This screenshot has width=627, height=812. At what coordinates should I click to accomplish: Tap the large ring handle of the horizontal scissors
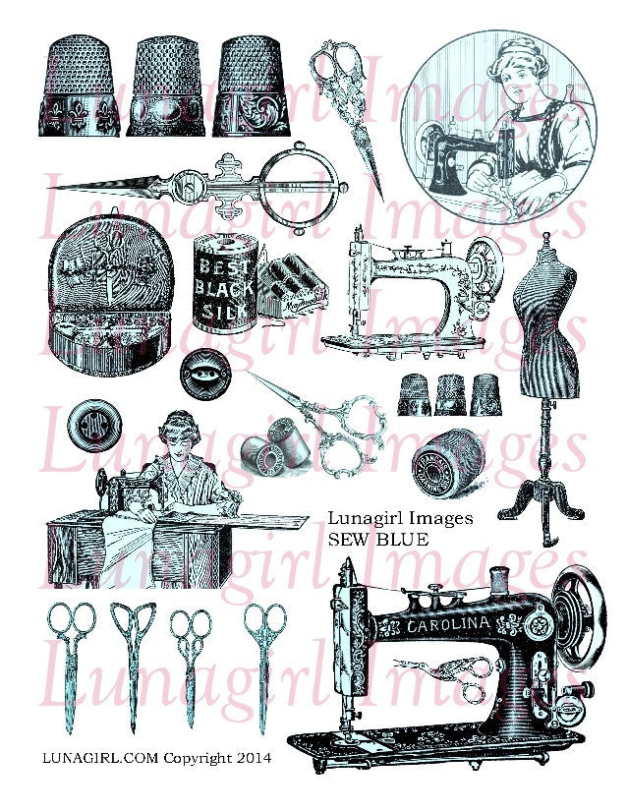click(x=300, y=178)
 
